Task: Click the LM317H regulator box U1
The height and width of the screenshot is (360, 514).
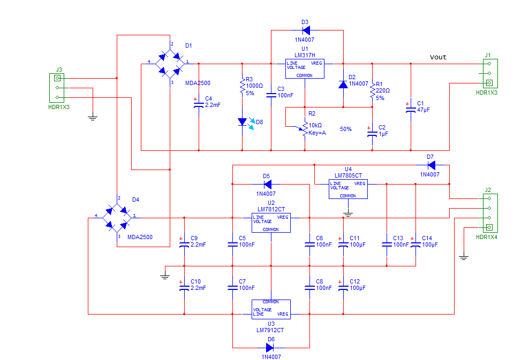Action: coord(305,69)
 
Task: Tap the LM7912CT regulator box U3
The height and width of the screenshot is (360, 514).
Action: coord(271,309)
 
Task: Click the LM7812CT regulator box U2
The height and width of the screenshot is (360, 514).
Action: coord(271,223)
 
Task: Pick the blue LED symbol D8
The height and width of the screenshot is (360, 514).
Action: coord(242,122)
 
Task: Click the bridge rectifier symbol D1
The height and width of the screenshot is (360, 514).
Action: coord(170,64)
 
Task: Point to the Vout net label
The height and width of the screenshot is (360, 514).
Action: coord(438,57)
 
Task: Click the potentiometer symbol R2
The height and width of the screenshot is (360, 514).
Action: coord(305,128)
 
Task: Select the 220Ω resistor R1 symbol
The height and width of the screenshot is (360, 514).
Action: coord(372,90)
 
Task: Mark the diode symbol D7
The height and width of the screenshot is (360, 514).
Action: coord(430,165)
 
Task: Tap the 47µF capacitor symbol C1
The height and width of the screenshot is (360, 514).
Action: coord(411,109)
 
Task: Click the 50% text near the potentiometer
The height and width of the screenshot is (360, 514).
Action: coord(346,129)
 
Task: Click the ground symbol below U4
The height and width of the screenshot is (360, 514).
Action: coord(347,214)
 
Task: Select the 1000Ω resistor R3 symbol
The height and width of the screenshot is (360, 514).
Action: coord(242,86)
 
